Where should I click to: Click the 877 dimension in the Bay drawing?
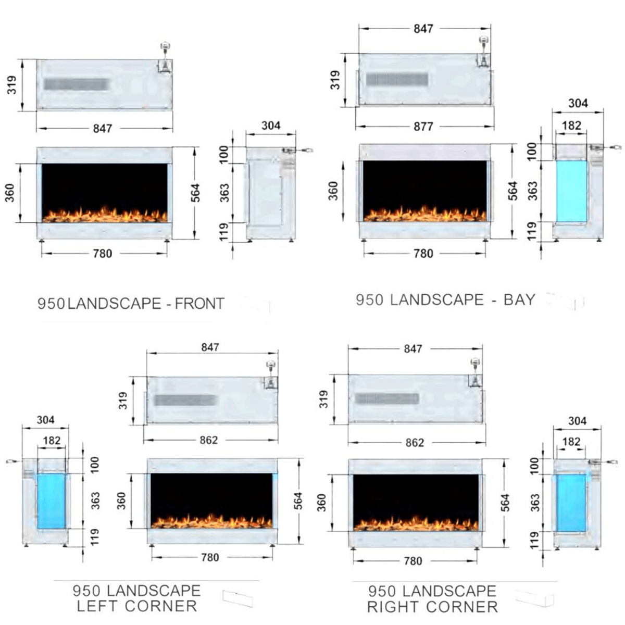click(x=423, y=126)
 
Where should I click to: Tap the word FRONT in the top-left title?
click(x=199, y=304)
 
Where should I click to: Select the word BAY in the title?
click(x=519, y=299)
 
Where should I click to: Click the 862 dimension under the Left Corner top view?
click(x=208, y=440)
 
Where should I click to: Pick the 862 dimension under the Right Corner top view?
click(x=415, y=442)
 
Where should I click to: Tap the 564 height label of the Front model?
click(x=195, y=193)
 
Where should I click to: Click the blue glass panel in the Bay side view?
click(x=571, y=191)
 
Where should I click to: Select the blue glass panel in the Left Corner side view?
click(x=52, y=501)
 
